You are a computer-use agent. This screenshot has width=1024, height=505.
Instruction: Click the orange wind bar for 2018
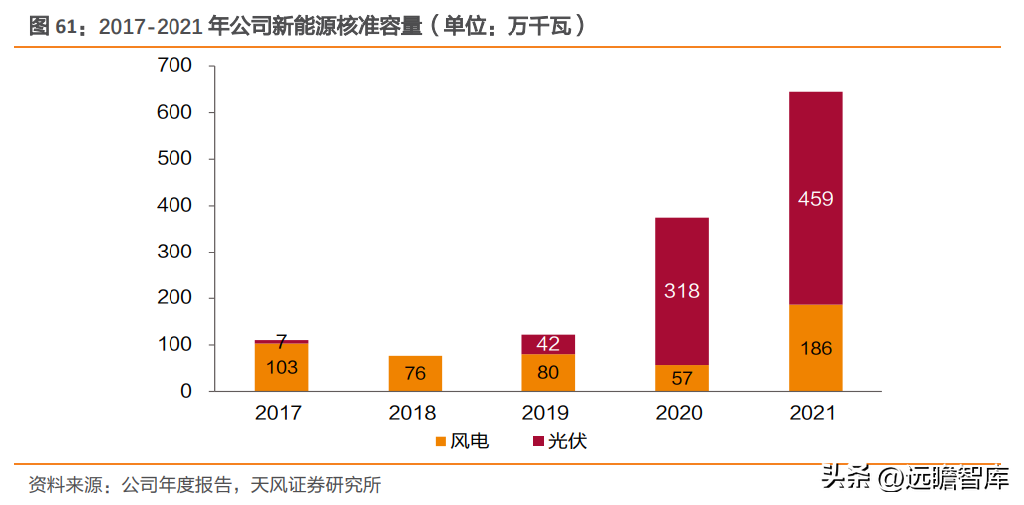pyautogui.click(x=415, y=373)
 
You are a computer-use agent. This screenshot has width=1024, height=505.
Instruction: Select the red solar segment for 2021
pyautogui.click(x=815, y=198)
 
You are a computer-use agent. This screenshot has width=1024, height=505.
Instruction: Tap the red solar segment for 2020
pyautogui.click(x=682, y=291)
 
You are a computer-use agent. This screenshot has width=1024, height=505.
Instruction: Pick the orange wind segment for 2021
pyautogui.click(x=815, y=348)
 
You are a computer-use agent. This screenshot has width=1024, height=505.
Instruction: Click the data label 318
pyautogui.click(x=682, y=291)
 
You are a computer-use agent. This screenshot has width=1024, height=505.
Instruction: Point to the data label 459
pyautogui.click(x=815, y=199)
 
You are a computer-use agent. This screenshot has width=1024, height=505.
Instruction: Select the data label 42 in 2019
pyautogui.click(x=548, y=344)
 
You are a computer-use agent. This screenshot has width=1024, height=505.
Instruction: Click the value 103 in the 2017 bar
pyautogui.click(x=281, y=368)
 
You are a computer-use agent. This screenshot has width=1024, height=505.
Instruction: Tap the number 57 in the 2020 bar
pyautogui.click(x=682, y=378)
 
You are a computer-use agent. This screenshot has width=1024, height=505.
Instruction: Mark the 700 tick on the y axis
pyautogui.click(x=175, y=65)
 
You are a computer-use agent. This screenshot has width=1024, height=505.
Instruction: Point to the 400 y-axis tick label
pyautogui.click(x=175, y=206)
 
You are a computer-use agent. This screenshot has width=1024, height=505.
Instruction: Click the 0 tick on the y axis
pyautogui.click(x=186, y=391)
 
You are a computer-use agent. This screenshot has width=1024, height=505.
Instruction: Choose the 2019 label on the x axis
pyautogui.click(x=548, y=413)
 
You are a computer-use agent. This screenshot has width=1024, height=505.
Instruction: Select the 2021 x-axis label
pyautogui.click(x=815, y=413)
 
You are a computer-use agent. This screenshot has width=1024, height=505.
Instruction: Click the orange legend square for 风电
pyautogui.click(x=441, y=442)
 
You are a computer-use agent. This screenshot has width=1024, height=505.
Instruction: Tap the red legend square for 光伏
pyautogui.click(x=538, y=442)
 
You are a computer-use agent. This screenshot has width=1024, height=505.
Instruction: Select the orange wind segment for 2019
pyautogui.click(x=548, y=373)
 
